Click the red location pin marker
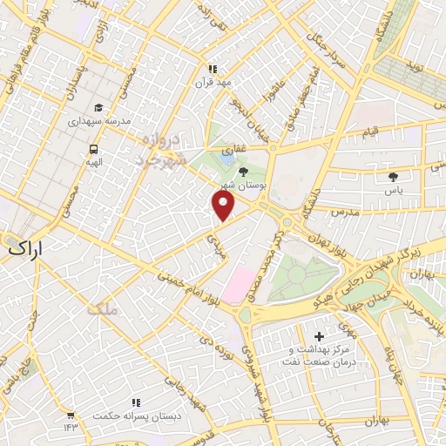[x=224, y=205]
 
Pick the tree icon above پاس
[x=394, y=176]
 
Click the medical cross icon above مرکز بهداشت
[x=319, y=336]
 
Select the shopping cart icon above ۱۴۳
[x=70, y=415]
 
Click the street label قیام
[x=371, y=131]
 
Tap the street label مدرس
[x=345, y=213]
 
